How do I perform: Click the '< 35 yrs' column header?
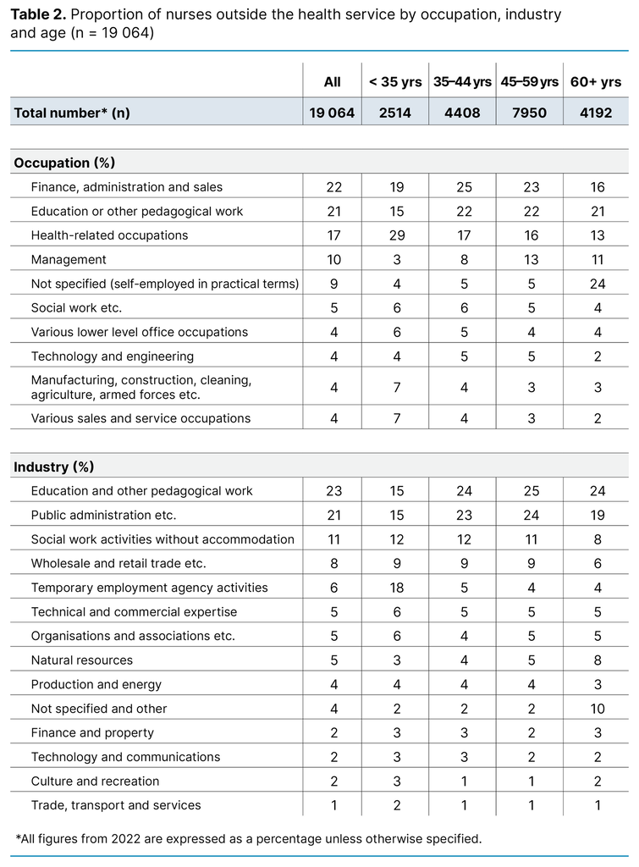point(394,81)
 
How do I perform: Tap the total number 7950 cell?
point(532,113)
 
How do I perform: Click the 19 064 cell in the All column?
point(332,113)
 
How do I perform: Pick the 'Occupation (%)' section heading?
point(64,163)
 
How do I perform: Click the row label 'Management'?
point(69,260)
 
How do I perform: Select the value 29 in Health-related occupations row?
point(394,235)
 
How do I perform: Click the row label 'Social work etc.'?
point(76,308)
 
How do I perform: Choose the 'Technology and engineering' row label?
point(113,356)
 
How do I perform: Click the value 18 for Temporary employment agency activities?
point(394,588)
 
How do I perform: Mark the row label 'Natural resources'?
point(82,660)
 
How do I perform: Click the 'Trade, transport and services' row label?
point(116,805)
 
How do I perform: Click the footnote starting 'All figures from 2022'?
point(249,839)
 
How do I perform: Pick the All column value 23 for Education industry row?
point(332,491)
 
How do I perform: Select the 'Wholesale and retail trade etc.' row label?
point(118,563)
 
